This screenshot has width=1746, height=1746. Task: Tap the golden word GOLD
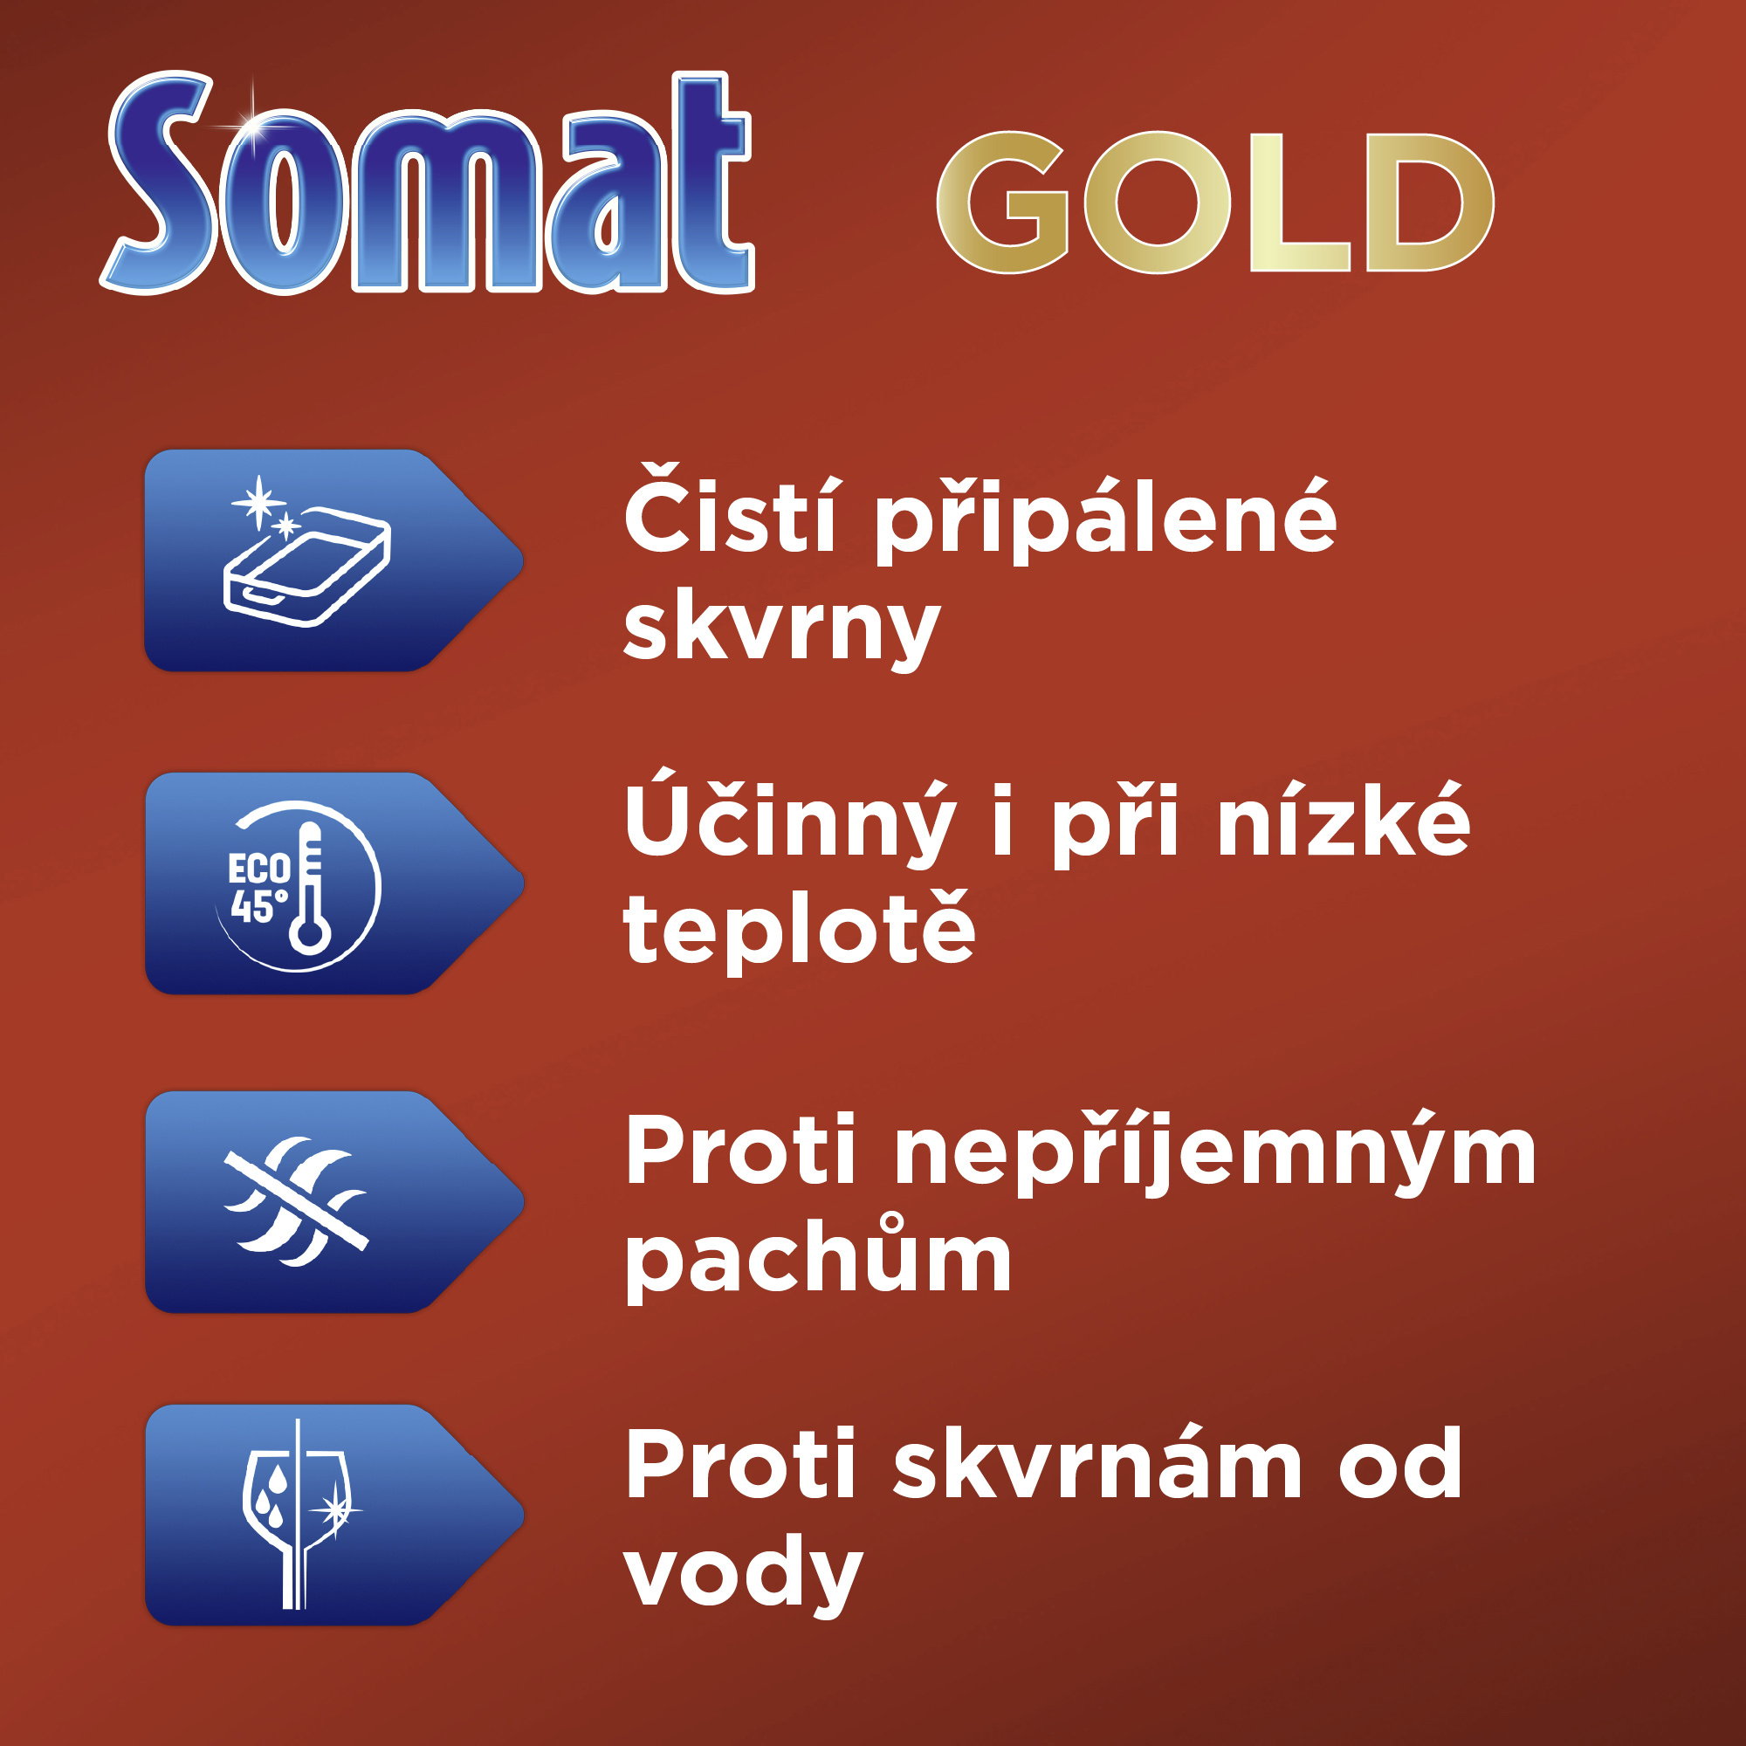pos(1214,202)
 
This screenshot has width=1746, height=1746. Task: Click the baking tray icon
pos(306,550)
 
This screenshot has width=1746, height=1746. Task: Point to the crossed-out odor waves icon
pos(297,1201)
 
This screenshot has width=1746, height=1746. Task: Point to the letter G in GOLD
pos(1003,202)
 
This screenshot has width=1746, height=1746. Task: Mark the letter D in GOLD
pos(1430,202)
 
